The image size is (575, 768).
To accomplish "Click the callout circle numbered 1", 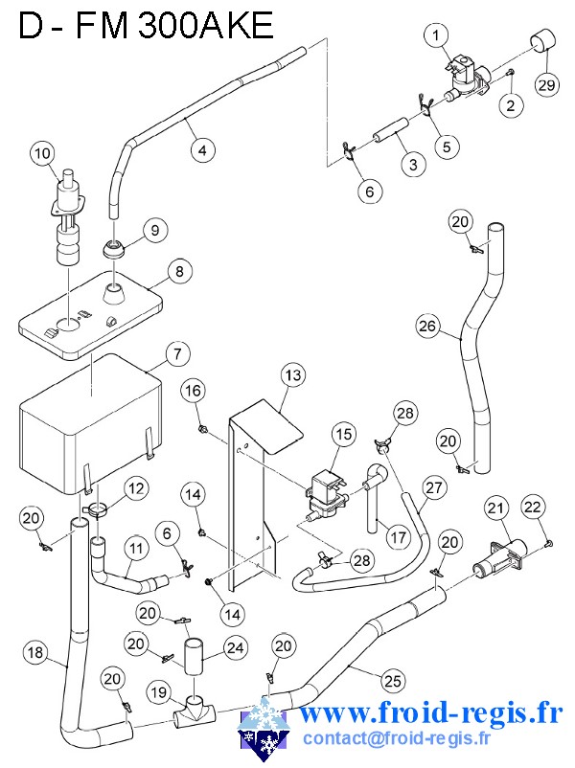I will (436, 36).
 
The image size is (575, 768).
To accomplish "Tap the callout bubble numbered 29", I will (545, 85).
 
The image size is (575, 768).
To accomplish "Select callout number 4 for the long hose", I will (201, 149).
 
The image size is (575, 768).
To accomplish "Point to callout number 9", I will (153, 229).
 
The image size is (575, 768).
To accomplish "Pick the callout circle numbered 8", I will (177, 271).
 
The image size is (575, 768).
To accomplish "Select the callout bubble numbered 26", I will (427, 327).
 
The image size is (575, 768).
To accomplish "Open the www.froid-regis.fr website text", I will (430, 713).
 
